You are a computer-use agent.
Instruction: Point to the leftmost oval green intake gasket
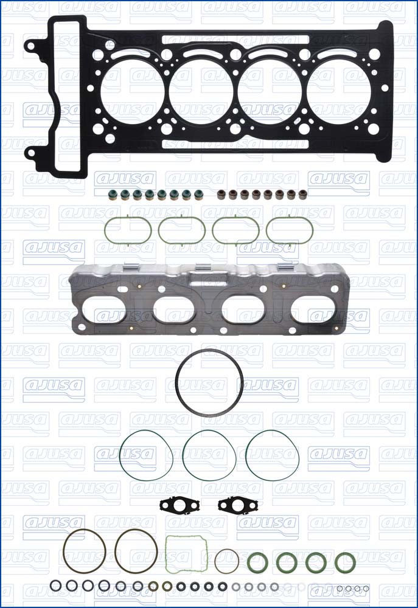128,229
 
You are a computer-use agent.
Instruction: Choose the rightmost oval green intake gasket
290,229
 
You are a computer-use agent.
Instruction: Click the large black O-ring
209,382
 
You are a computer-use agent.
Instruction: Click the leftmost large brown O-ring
84,551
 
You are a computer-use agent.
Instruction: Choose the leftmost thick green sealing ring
257,562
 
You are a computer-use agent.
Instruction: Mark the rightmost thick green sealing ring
345,562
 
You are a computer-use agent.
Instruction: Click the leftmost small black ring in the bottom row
56,586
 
